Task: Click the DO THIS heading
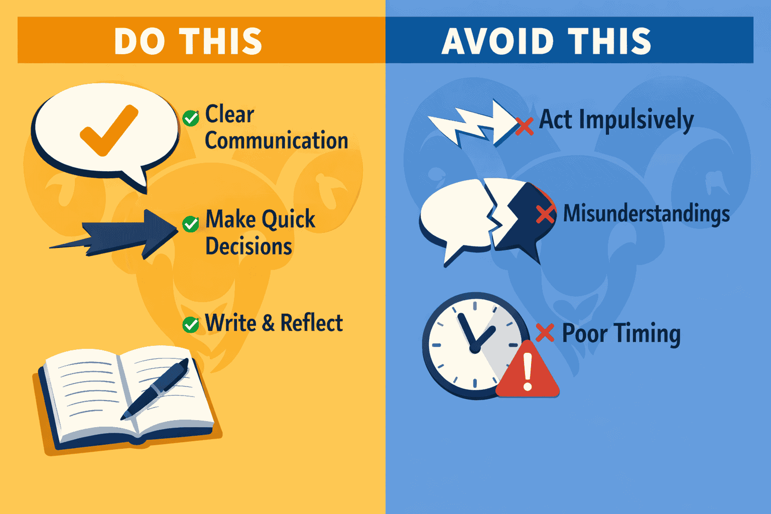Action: click(188, 41)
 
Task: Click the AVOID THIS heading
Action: click(546, 41)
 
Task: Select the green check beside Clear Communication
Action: click(191, 118)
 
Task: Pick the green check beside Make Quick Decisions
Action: click(191, 224)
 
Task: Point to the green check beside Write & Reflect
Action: click(191, 325)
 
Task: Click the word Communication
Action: click(276, 141)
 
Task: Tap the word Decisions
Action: click(249, 246)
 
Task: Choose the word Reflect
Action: click(311, 323)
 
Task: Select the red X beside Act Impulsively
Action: click(525, 126)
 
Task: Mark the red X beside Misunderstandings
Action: click(545, 214)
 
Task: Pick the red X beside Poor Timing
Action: click(545, 332)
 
